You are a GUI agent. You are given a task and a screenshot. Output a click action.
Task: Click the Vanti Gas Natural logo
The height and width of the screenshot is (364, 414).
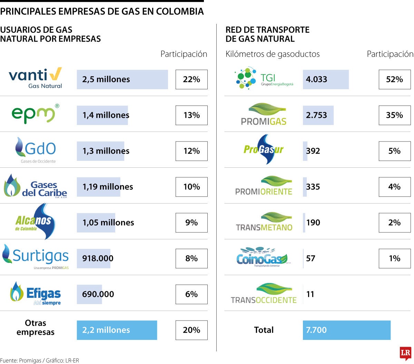tap(35, 79)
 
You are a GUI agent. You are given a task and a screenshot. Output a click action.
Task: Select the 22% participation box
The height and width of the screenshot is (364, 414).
tap(191, 80)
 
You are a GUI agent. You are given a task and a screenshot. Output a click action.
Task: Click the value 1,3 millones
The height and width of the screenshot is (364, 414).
tap(106, 151)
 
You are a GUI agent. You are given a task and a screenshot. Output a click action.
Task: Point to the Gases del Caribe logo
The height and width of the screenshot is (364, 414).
tap(35, 186)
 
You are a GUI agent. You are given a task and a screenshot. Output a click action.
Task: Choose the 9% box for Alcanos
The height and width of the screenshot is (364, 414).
tap(191, 223)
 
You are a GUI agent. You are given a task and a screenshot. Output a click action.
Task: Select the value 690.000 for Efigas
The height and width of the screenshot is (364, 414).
tap(98, 294)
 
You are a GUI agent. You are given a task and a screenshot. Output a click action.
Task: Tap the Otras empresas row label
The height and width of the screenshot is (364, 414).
tap(35, 327)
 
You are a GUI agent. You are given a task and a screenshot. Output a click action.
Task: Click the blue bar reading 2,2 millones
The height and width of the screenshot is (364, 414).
tap(117, 330)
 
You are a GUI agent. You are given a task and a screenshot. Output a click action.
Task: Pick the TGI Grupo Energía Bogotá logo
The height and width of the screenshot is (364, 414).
tap(264, 79)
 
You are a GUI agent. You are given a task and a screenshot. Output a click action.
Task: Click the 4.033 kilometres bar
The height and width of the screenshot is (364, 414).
tap(325, 80)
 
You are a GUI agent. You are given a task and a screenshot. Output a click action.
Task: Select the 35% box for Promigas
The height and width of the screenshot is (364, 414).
tap(394, 115)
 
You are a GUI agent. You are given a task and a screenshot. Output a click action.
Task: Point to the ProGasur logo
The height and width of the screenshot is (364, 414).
tap(264, 149)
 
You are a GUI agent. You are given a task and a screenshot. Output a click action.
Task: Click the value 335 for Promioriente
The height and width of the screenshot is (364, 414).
tap(313, 187)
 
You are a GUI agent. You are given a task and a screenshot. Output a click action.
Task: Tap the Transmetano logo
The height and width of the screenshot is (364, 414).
tap(264, 222)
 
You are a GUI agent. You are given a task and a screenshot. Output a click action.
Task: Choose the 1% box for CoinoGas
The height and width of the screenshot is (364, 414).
tap(394, 259)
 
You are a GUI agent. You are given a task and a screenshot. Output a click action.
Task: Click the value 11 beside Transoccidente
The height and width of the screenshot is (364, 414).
tap(310, 294)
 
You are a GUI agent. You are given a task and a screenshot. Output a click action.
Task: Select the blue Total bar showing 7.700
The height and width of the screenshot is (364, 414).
tap(346, 330)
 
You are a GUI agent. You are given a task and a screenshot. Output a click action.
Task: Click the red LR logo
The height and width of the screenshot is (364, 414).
tap(405, 353)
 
